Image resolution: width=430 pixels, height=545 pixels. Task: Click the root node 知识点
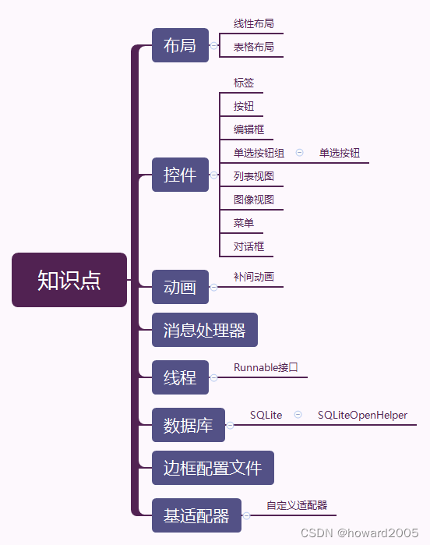pyautogui.click(x=69, y=280)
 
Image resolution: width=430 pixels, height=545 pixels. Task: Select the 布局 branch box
pyautogui.click(x=180, y=45)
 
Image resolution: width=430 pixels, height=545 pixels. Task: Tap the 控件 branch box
pyautogui.click(x=180, y=175)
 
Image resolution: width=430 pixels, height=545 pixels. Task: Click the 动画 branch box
pyautogui.click(x=180, y=286)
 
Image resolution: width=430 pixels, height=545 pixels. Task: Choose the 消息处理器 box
pyautogui.click(x=204, y=330)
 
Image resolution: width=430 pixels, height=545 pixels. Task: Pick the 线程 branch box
pyautogui.click(x=180, y=377)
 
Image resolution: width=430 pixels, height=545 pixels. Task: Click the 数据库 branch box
pyautogui.click(x=188, y=425)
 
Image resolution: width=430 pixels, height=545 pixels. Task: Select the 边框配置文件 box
pyautogui.click(x=213, y=468)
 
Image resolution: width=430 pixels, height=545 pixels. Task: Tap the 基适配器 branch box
pyautogui.click(x=196, y=515)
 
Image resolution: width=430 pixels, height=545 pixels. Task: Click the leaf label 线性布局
pyautogui.click(x=254, y=24)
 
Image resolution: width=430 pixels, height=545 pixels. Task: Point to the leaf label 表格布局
pyautogui.click(x=254, y=48)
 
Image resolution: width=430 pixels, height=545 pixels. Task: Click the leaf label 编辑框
pyautogui.click(x=249, y=129)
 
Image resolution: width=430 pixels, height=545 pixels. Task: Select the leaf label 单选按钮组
pyautogui.click(x=259, y=153)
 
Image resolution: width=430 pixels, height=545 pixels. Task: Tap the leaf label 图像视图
pyautogui.click(x=254, y=200)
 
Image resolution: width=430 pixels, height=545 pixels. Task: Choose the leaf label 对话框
pyautogui.click(x=249, y=246)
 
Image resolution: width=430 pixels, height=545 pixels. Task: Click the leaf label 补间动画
pyautogui.click(x=254, y=277)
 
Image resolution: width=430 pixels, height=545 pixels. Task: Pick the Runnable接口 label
pyautogui.click(x=266, y=367)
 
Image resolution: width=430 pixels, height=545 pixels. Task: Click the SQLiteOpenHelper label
pyautogui.click(x=362, y=416)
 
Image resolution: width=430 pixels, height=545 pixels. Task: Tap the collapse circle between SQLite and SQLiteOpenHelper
pyautogui.click(x=298, y=416)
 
